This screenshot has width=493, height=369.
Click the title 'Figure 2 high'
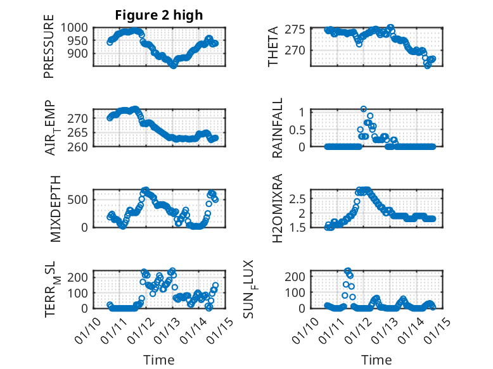pos(159,15)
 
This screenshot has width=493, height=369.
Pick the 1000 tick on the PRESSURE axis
pos(77,28)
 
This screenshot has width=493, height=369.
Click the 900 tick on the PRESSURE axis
pos(80,54)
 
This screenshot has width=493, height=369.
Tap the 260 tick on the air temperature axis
pos(80,146)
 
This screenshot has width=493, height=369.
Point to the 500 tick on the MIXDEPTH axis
pos(80,200)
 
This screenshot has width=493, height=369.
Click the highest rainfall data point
pos(364,109)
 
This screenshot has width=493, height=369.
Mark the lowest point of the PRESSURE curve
pos(173,65)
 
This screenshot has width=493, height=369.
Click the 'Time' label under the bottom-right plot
pos(376,360)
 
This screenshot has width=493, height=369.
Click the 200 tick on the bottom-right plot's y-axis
pos(300,277)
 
